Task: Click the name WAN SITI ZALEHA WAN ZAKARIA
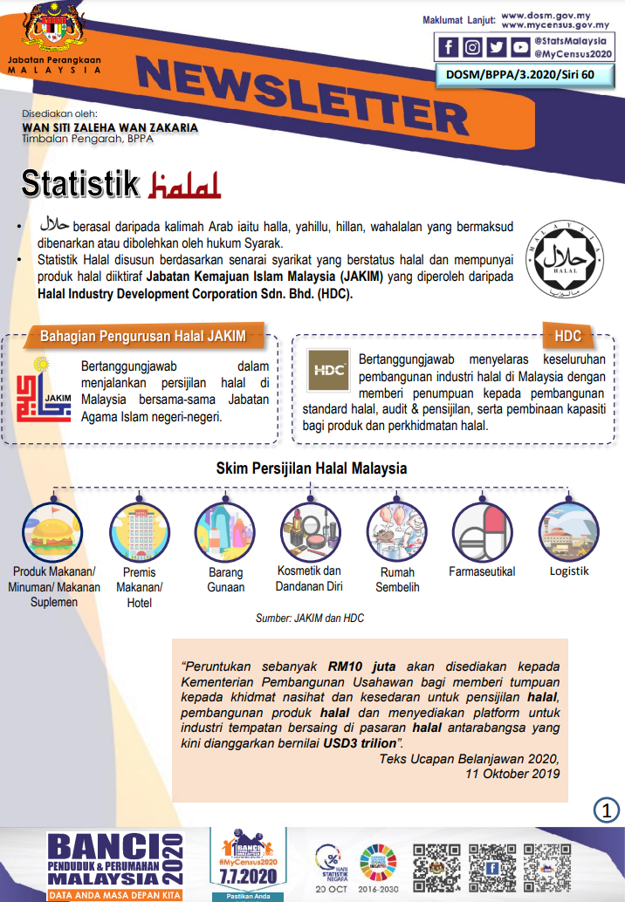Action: [x=109, y=126]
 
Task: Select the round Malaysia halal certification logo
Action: [x=564, y=260]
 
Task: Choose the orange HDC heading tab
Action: [x=567, y=336]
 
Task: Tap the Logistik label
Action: [x=569, y=571]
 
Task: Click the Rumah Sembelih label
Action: [x=397, y=580]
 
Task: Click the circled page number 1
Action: [x=606, y=809]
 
